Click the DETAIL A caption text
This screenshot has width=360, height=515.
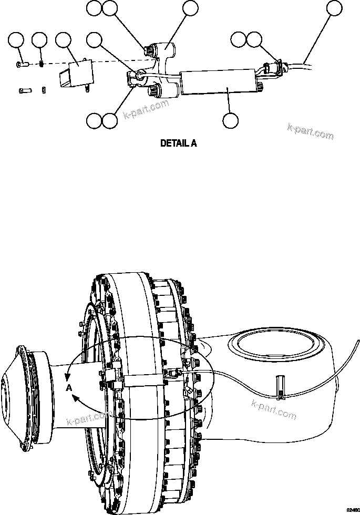pos(178,143)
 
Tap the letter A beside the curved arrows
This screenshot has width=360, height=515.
pos(69,388)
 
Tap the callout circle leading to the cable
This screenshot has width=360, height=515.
pos(334,8)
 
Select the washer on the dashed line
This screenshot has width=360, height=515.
pos(41,64)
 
